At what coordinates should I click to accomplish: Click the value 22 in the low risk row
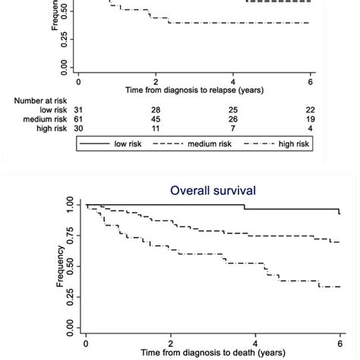[309, 110]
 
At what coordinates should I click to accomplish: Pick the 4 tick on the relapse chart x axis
[232, 79]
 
